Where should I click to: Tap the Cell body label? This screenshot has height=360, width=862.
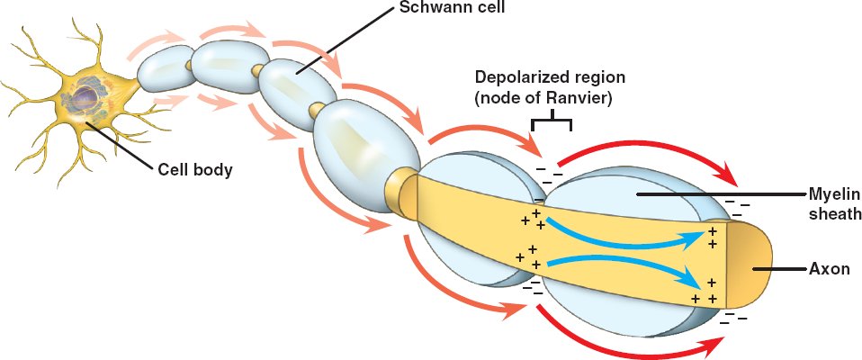195,168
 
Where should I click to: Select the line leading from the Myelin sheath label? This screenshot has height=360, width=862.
720,194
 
